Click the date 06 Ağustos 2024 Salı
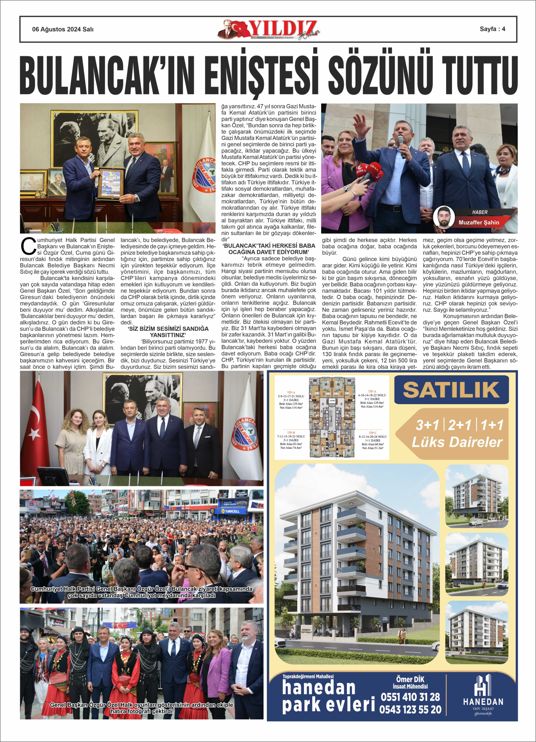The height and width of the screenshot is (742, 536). coord(63,29)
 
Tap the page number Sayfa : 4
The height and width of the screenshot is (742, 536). coord(492,29)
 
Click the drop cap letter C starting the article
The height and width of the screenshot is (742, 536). coord(28,246)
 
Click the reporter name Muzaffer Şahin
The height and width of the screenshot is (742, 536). coord(479,223)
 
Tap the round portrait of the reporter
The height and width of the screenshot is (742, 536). coord(444,218)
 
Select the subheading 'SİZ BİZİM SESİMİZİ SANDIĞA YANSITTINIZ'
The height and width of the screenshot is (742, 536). coord(168,332)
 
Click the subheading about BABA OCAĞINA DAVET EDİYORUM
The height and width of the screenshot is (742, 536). coord(269,249)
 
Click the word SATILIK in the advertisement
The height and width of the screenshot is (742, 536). coord(451,390)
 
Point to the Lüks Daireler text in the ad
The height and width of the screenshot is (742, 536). coord(457,442)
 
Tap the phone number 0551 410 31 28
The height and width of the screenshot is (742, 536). coord(410,697)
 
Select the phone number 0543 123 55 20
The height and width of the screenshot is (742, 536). coord(410,710)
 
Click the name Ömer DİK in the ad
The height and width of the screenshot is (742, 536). coord(410,680)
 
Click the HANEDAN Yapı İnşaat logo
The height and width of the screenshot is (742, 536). coord(483,695)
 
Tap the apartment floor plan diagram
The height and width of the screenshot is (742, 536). coord(331,417)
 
